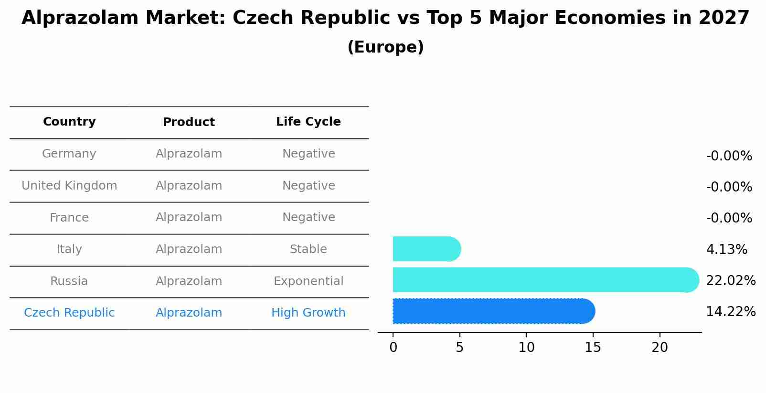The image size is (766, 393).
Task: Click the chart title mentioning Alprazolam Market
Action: pyautogui.click(x=385, y=18)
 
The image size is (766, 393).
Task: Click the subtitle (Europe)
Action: pyautogui.click(x=385, y=47)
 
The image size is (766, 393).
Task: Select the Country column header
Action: pyautogui.click(x=69, y=122)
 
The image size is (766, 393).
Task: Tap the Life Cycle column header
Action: pyautogui.click(x=308, y=122)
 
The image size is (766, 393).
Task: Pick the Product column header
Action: pyautogui.click(x=189, y=122)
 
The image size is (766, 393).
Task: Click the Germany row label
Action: pyautogui.click(x=69, y=154)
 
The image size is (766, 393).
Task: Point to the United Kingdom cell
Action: pyautogui.click(x=69, y=186)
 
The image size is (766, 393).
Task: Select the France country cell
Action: pyautogui.click(x=69, y=218)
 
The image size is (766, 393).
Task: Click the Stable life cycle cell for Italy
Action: pyautogui.click(x=308, y=249)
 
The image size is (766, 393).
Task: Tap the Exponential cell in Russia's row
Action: pyautogui.click(x=308, y=281)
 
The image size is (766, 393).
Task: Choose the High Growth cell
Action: pyautogui.click(x=308, y=313)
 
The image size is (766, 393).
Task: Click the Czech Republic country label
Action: pyautogui.click(x=69, y=313)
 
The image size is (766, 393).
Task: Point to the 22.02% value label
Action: pyautogui.click(x=730, y=281)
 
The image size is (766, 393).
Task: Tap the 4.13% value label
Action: pyautogui.click(x=726, y=250)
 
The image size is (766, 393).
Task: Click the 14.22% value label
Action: pyautogui.click(x=730, y=312)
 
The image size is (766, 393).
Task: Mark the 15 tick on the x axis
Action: pyautogui.click(x=593, y=348)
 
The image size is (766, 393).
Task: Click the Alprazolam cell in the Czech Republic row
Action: pyautogui.click(x=189, y=313)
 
